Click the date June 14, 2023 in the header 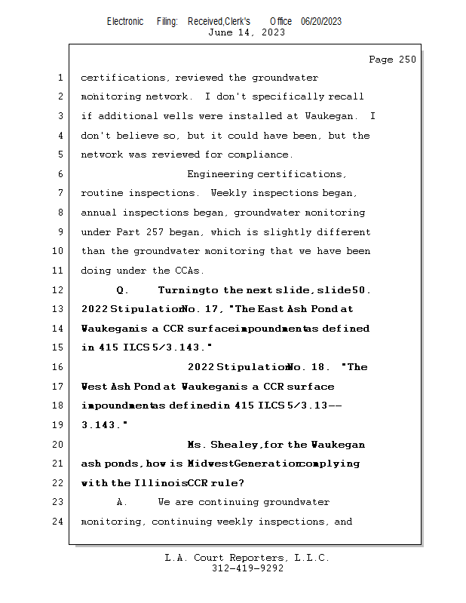246,32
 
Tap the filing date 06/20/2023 320,21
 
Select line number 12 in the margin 59,289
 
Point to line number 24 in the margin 59,521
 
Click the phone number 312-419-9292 247,569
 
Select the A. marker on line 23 121,502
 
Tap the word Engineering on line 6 219,174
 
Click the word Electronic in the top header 125,21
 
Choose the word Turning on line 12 181,289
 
